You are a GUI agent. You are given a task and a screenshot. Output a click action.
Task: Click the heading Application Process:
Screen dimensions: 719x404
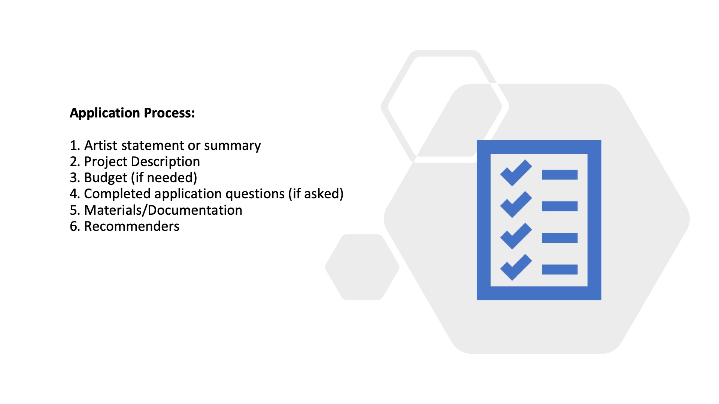pyautogui.click(x=132, y=113)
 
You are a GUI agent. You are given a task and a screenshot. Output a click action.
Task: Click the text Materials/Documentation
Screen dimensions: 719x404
pyautogui.click(x=163, y=210)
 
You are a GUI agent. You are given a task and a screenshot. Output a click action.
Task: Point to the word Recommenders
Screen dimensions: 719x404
pyautogui.click(x=132, y=226)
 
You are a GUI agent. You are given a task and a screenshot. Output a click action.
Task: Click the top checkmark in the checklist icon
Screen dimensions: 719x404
pyautogui.click(x=516, y=173)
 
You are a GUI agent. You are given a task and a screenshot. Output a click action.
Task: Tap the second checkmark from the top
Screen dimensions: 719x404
pyautogui.click(x=516, y=204)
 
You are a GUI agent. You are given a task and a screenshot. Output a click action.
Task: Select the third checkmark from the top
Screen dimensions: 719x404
pyautogui.click(x=516, y=236)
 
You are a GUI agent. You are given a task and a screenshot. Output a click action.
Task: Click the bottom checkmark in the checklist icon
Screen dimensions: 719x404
pyautogui.click(x=516, y=267)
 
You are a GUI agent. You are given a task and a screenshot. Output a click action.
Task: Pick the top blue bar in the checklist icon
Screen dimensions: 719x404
pyautogui.click(x=560, y=175)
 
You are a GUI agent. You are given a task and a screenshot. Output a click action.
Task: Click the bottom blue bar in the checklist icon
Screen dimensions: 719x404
pyautogui.click(x=560, y=269)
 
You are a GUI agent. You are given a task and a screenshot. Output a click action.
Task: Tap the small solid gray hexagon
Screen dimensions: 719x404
pyautogui.click(x=362, y=267)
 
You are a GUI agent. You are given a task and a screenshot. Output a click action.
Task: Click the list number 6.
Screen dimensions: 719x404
pyautogui.click(x=75, y=226)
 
